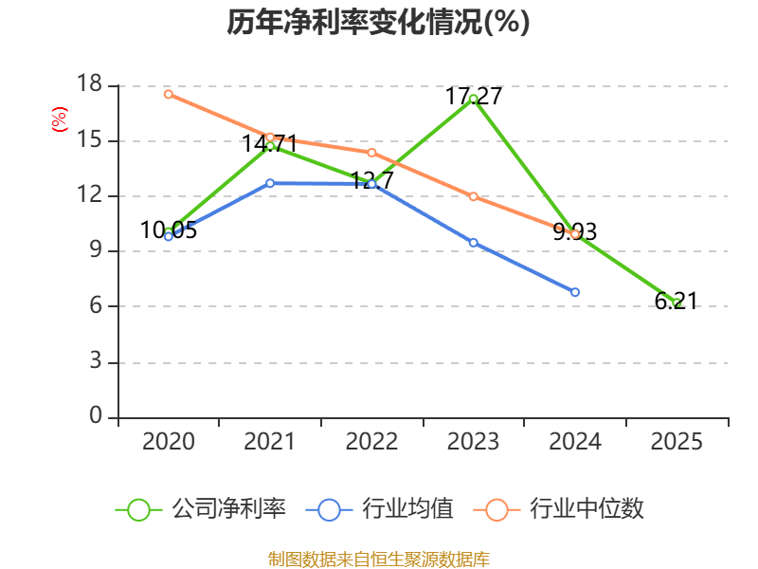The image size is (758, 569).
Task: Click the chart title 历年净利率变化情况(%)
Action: pos(378,23)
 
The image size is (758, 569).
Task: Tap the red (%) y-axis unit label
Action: pos(59,119)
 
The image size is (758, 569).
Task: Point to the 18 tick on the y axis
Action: pos(89,85)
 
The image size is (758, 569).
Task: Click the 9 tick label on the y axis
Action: pos(95,251)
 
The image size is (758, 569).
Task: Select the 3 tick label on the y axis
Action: pos(95,362)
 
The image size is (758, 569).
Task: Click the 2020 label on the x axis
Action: pos(169,442)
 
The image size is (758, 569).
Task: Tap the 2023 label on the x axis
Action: pos(473,442)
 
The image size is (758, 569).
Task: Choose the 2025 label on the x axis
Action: pos(677,442)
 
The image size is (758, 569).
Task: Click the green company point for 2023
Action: pos(473,99)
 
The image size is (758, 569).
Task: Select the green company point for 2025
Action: pos(677,303)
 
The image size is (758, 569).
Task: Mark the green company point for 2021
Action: pos(270,145)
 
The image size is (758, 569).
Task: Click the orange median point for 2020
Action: pos(169,94)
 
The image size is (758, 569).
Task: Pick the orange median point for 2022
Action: pos(371,152)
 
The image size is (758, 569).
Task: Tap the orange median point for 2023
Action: pos(473,196)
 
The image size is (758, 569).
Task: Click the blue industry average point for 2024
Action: pos(575,292)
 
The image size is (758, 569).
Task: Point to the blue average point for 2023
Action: pos(473,242)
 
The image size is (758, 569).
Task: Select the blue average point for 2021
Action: pos(270,183)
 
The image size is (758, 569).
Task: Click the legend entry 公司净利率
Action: pos(201,509)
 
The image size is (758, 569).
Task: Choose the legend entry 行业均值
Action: pos(380,509)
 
